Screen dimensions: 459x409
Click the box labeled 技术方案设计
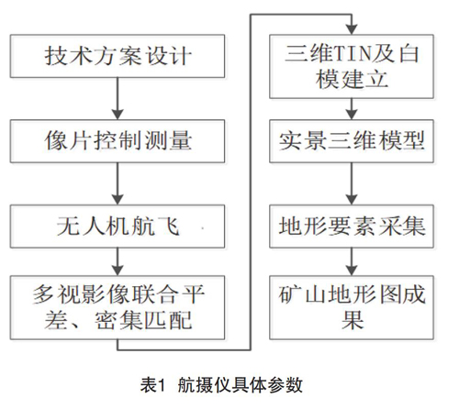tap(118, 56)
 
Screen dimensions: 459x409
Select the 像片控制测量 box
tap(118, 141)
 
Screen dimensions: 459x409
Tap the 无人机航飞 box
tap(118, 227)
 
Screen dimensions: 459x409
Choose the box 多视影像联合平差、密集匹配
tap(118, 307)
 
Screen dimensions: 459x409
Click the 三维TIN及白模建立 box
tap(352, 66)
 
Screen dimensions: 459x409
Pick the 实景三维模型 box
tap(352, 141)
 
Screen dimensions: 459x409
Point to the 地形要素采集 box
tap(352, 227)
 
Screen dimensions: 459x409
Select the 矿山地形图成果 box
tap(352, 307)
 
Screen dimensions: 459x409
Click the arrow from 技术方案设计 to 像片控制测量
tap(118, 98)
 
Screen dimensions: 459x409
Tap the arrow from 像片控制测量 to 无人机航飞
tap(118, 183)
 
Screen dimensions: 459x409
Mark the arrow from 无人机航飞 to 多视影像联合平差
tap(118, 261)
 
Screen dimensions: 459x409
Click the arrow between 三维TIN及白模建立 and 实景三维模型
tap(352, 109)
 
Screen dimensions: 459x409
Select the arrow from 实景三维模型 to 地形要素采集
tap(352, 183)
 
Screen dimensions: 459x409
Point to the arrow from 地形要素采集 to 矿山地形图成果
tap(352, 261)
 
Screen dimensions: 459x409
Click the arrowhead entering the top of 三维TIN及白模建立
tap(352, 29)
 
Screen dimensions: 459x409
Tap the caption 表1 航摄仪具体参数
tap(221, 384)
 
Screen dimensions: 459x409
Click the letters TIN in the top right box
tap(353, 53)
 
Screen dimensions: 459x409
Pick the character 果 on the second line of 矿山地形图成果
tap(352, 320)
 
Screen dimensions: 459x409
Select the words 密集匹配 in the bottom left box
tap(143, 320)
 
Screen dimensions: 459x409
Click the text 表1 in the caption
tap(152, 384)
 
